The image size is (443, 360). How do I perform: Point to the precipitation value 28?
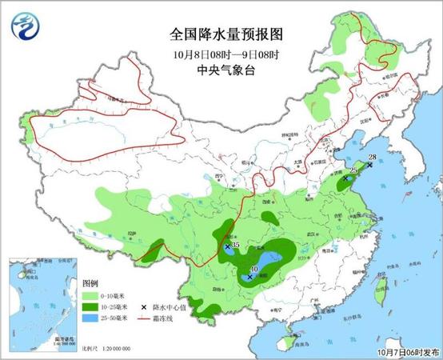(x=373, y=157)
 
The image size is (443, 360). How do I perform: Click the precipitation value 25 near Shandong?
(x=353, y=170)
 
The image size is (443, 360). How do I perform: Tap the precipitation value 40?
(x=254, y=270)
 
